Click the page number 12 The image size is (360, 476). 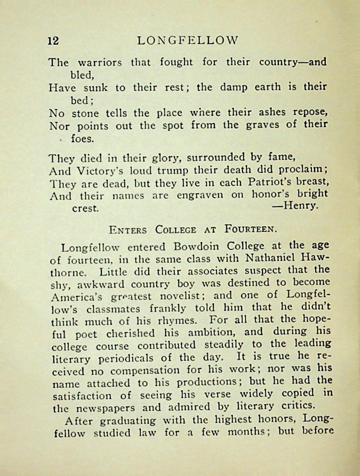click(54, 41)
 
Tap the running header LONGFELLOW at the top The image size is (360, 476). click(188, 40)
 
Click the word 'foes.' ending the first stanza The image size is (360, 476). click(82, 138)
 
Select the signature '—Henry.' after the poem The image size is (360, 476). click(295, 206)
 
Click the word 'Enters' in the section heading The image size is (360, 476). click(127, 230)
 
